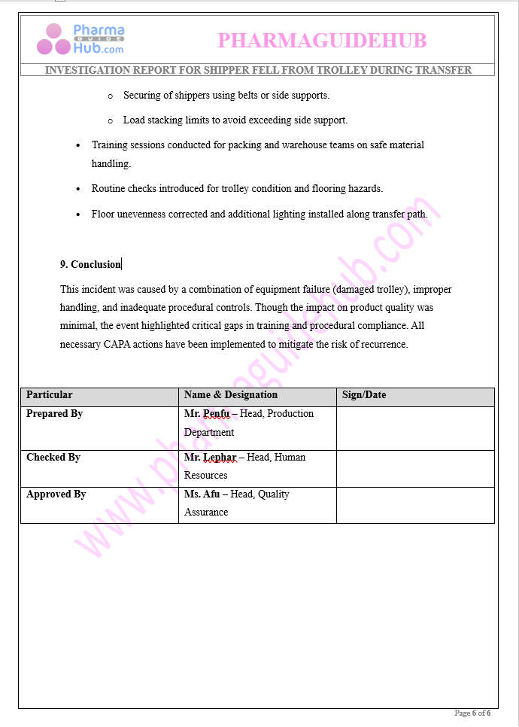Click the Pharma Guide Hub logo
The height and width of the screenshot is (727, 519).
click(x=80, y=39)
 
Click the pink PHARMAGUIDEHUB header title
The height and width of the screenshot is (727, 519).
click(x=322, y=41)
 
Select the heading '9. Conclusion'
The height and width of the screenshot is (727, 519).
click(x=90, y=264)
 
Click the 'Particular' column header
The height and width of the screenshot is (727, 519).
click(x=50, y=395)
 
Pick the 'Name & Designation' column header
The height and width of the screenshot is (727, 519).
click(x=231, y=395)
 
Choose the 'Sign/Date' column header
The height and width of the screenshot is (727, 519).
click(x=364, y=395)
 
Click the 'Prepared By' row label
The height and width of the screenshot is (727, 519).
click(x=54, y=414)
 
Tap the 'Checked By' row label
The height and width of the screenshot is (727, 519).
click(x=53, y=458)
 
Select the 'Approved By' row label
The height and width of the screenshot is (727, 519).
click(x=56, y=494)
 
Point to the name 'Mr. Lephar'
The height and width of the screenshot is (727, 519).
click(x=210, y=458)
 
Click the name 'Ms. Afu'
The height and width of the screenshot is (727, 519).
click(x=202, y=494)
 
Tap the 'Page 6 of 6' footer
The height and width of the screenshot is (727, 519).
click(x=472, y=713)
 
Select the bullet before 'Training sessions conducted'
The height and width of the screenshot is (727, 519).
click(x=79, y=145)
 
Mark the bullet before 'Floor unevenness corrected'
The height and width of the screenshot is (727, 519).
click(x=79, y=214)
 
